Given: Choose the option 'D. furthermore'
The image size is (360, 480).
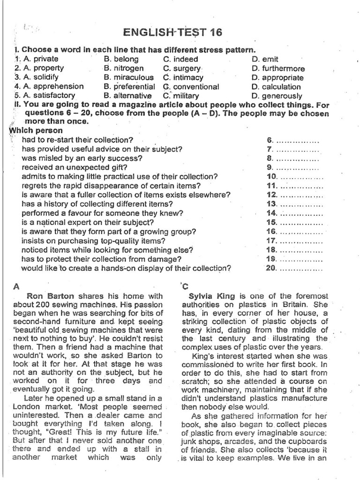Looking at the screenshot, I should click(x=278, y=68).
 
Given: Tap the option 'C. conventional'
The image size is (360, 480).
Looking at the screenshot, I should click(x=191, y=87).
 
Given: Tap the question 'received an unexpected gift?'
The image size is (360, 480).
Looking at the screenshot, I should click(x=75, y=167).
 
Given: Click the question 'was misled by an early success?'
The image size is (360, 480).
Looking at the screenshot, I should click(x=82, y=158).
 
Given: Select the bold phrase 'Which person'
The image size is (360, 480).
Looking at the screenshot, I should click(x=35, y=130).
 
